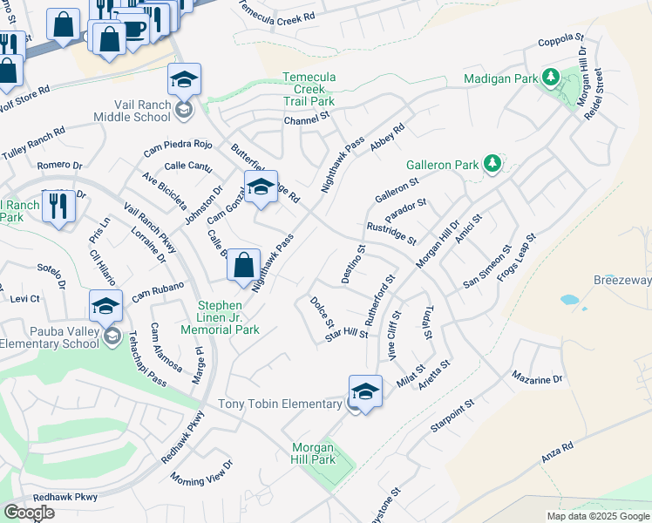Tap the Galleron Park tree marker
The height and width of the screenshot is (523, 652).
tap(492, 163)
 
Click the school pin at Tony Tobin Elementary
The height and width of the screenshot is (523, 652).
tap(365, 391)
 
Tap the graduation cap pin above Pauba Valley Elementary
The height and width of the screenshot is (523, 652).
tap(105, 306)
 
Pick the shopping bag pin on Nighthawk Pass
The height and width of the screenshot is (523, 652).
tap(244, 265)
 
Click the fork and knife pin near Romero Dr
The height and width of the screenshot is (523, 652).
tap(58, 206)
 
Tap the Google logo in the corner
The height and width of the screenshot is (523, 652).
tap(29, 513)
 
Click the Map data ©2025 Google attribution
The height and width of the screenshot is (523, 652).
tap(597, 516)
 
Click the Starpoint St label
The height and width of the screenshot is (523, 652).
tap(451, 417)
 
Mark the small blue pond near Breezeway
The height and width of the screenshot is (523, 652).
tap(569, 299)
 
